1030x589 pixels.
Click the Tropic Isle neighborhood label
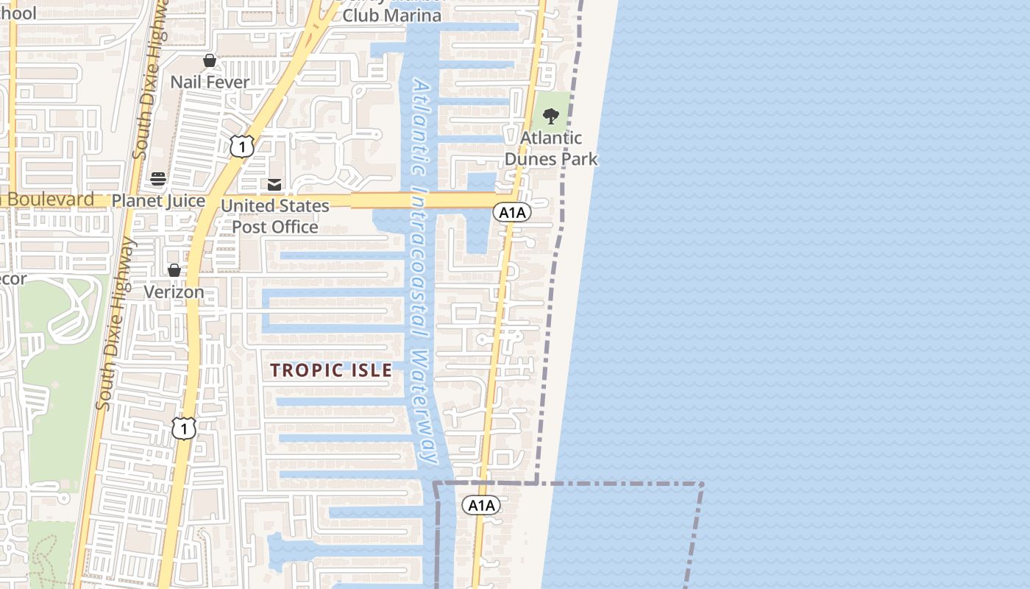(x=331, y=370)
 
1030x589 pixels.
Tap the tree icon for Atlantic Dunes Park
(x=550, y=116)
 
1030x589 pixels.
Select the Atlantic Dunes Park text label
(x=551, y=148)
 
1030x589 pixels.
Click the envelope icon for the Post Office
(x=274, y=185)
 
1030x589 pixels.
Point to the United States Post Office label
(x=275, y=216)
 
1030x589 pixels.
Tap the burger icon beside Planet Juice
(x=158, y=179)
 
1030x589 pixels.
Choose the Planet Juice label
(x=158, y=200)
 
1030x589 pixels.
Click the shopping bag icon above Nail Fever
(x=210, y=60)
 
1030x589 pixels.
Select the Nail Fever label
(x=210, y=82)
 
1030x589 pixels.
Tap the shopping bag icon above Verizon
(x=174, y=270)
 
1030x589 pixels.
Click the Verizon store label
(x=174, y=292)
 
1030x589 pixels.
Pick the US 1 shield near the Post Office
(x=241, y=146)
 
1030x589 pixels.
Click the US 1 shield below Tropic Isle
(x=185, y=427)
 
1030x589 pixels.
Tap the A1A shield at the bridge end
(x=511, y=213)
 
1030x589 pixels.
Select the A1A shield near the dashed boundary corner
(x=481, y=505)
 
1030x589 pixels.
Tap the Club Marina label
(x=392, y=15)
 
